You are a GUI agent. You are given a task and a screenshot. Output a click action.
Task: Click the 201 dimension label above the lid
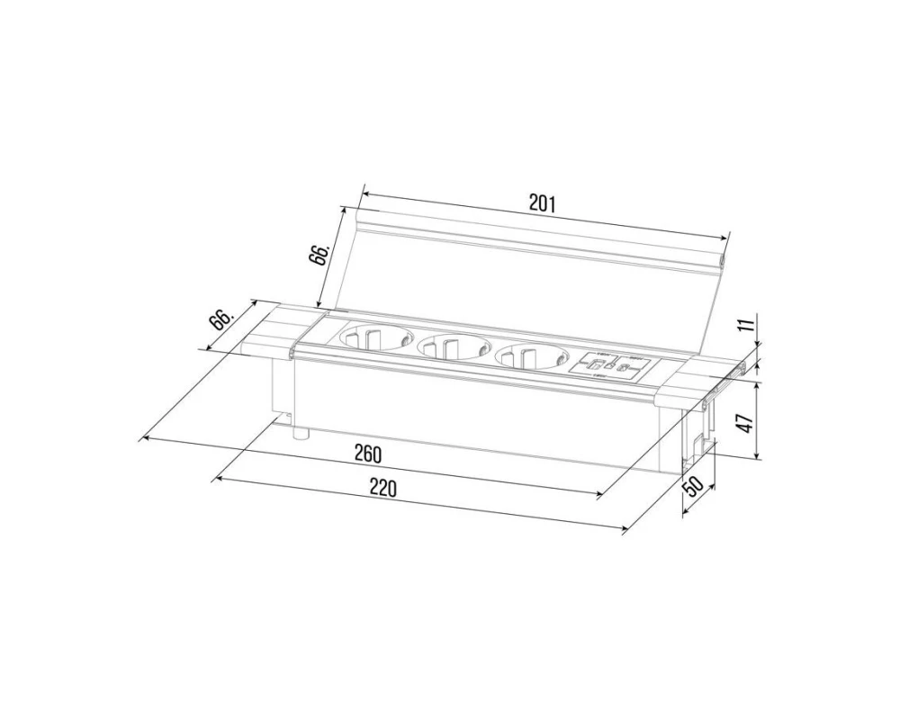point(542,203)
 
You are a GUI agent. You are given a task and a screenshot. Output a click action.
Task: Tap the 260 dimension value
point(367,454)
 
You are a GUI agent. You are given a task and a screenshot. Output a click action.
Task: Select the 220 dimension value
point(382,489)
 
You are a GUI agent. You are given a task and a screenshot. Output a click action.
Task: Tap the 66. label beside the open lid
point(319,253)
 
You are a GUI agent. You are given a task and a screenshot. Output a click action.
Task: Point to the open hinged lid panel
point(531,279)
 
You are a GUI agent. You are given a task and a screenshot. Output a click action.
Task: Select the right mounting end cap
point(697,378)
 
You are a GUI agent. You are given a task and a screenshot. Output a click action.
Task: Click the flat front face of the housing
point(468,414)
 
